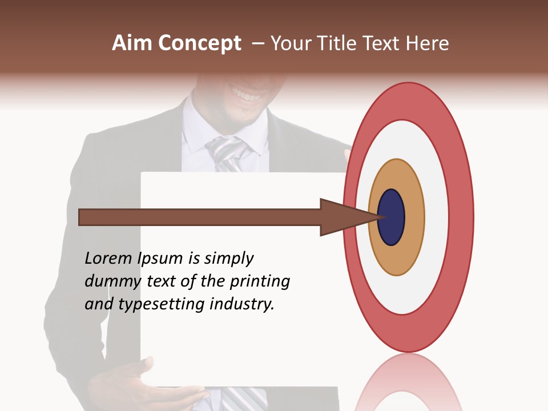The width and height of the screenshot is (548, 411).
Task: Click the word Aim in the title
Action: pyautogui.click(x=132, y=43)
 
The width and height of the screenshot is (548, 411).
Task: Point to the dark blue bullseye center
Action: pyautogui.click(x=392, y=217)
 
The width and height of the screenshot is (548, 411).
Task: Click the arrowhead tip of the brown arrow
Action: pyautogui.click(x=380, y=217)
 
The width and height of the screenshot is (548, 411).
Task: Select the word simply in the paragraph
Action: pyautogui.click(x=228, y=259)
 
